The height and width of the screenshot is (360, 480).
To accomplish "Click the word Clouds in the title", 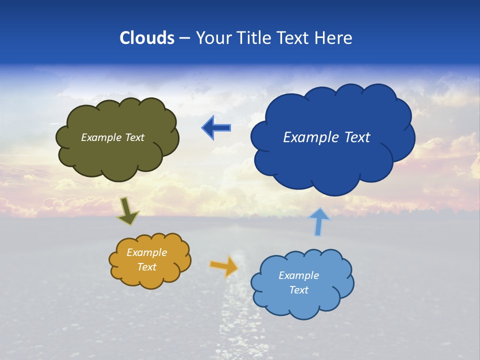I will pyautogui.click(x=146, y=38).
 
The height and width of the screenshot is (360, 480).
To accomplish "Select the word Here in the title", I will pyautogui.click(x=334, y=38).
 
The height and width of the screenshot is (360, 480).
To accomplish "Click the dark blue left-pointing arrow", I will pyautogui.click(x=216, y=128).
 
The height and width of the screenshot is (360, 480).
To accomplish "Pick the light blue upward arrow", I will pyautogui.click(x=319, y=221).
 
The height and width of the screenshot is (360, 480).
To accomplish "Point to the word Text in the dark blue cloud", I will pyautogui.click(x=356, y=137).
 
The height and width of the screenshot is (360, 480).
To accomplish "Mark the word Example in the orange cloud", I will pyautogui.click(x=147, y=252).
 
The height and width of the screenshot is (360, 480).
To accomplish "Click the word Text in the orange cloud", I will pyautogui.click(x=147, y=267).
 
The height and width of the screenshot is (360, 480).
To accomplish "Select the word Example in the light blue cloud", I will pyautogui.click(x=298, y=275).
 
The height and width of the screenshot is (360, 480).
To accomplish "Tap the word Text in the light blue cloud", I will pyautogui.click(x=298, y=290).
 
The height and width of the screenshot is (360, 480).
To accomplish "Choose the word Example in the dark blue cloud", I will pyautogui.click(x=311, y=137).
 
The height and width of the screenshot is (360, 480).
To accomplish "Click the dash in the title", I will pyautogui.click(x=184, y=38).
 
